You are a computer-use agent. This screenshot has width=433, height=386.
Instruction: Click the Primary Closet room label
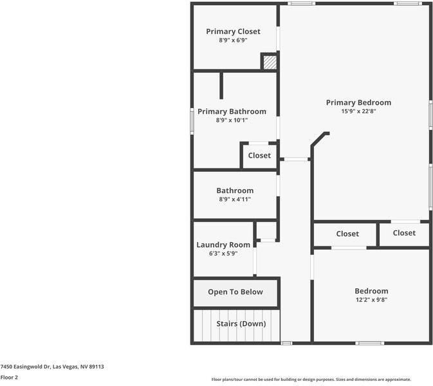[233, 32]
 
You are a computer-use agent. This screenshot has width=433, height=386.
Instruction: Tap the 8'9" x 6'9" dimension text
[233, 41]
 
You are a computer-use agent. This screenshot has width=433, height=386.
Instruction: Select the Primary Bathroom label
[232, 111]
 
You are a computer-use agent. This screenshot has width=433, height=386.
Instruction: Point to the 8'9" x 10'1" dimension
[232, 120]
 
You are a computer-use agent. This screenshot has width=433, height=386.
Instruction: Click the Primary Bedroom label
[358, 102]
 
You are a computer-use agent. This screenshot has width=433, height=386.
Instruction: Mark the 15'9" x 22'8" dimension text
[358, 111]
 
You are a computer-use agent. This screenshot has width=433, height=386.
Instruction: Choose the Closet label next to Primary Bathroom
[259, 156]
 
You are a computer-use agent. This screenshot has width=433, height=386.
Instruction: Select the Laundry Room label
[223, 244]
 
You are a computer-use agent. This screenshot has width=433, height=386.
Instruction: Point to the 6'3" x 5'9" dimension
[223, 253]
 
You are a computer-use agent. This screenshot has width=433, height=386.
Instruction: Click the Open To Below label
[235, 292]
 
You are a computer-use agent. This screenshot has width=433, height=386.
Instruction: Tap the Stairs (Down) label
[240, 324]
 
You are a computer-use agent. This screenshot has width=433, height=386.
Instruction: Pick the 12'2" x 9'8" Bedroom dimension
[371, 300]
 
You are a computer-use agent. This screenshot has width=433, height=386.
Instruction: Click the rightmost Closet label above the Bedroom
[404, 233]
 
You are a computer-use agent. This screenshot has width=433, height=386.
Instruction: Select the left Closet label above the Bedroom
[347, 234]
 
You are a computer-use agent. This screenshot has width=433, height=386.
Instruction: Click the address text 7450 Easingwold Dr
[52, 367]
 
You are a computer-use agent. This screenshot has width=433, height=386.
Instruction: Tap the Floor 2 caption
[9, 378]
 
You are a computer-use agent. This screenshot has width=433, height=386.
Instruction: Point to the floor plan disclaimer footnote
[311, 380]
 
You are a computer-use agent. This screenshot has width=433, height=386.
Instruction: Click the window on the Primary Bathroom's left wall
[192, 120]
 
